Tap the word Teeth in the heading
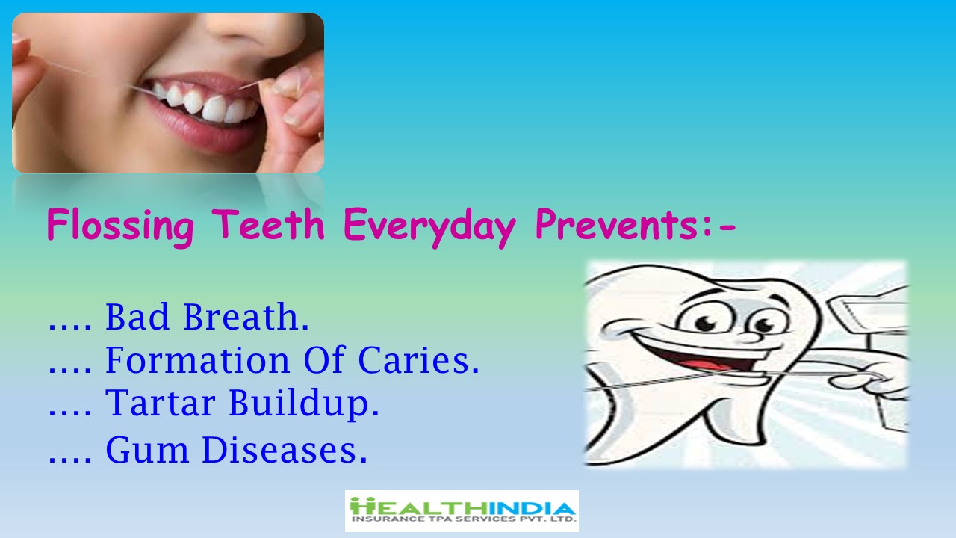pos(268,223)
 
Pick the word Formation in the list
pos(198,360)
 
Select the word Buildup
pos(304,403)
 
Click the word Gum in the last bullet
pos(147,449)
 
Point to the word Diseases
pos(285,449)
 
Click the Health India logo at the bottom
pos(462,510)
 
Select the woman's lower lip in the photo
pos(205,128)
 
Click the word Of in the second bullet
pos(323,359)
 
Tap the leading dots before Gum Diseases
pos(70,460)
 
